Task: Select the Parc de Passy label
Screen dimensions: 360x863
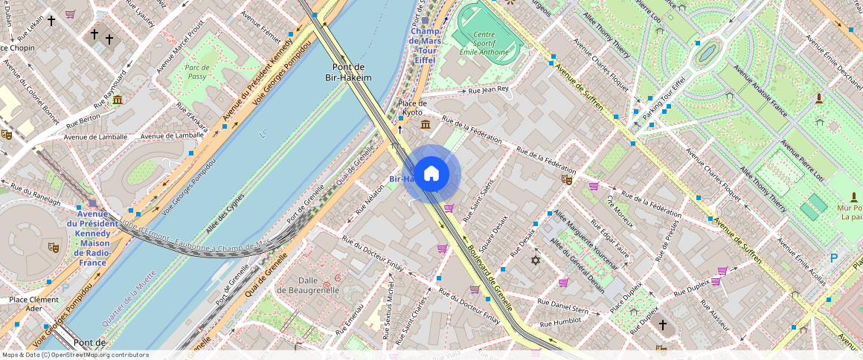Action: click(x=196, y=71)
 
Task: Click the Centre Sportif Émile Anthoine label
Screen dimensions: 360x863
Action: click(x=484, y=43)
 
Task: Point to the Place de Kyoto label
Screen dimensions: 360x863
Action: click(x=412, y=107)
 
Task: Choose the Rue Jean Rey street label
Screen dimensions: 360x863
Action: click(x=488, y=90)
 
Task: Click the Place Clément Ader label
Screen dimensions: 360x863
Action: click(x=33, y=303)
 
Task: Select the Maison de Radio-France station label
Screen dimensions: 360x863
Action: click(x=92, y=238)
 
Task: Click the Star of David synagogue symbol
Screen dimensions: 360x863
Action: click(x=535, y=260)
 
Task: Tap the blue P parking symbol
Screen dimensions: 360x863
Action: click(x=834, y=258)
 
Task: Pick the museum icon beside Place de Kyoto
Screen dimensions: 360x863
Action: click(x=425, y=123)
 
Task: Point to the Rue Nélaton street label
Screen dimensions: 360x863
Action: click(x=370, y=199)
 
